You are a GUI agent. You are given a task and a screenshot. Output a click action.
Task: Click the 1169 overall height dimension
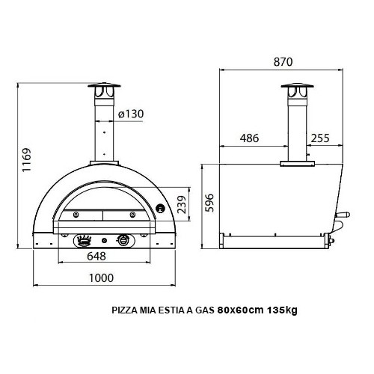[27, 160]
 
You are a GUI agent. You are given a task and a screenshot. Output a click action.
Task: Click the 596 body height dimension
[210, 202]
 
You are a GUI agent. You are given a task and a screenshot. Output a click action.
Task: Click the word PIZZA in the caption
[124, 310]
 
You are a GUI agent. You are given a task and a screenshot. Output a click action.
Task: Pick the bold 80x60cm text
[240, 310]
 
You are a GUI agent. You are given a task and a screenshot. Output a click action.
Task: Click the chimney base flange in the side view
[295, 162]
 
